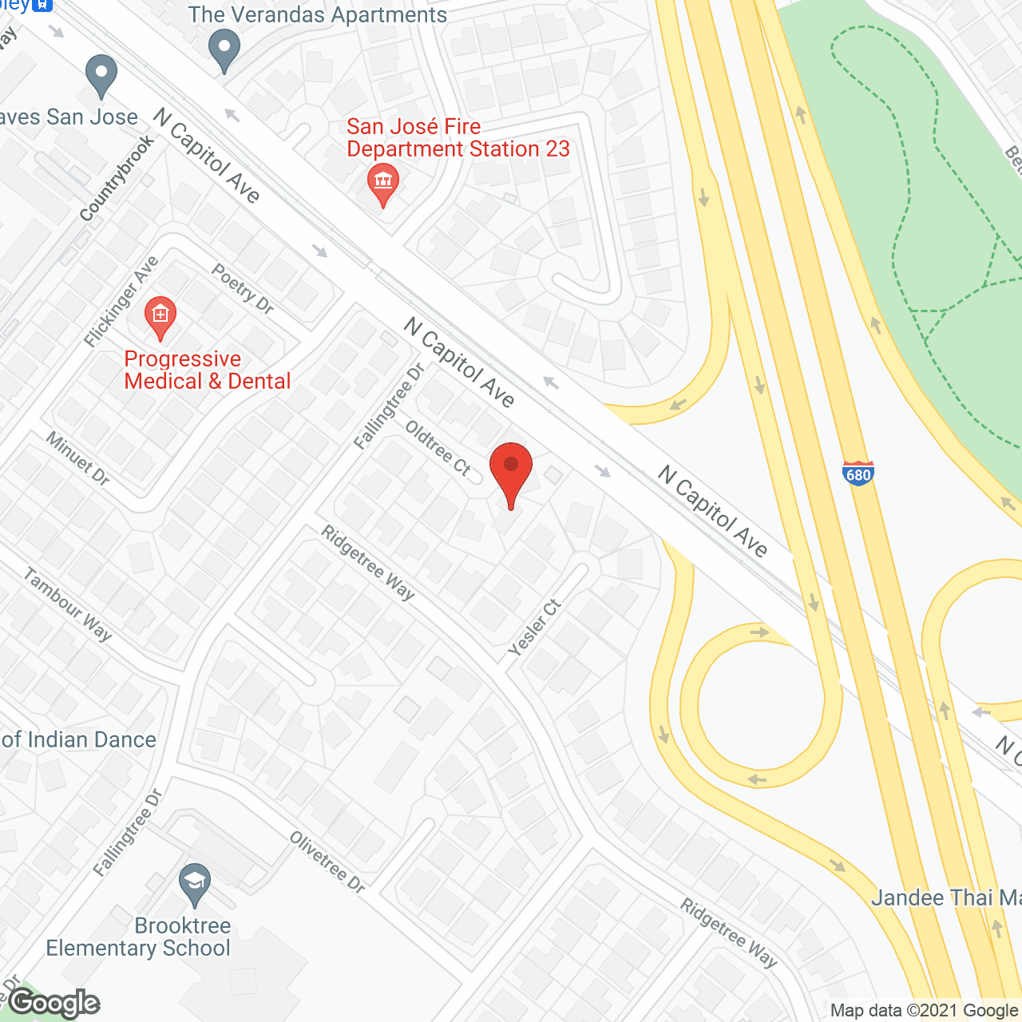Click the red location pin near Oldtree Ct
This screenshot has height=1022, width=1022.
pyautogui.click(x=510, y=468)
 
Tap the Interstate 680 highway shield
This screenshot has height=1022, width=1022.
pyautogui.click(x=858, y=473)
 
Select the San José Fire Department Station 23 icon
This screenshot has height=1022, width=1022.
pyautogui.click(x=383, y=183)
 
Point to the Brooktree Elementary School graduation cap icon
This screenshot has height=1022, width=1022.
pyautogui.click(x=195, y=884)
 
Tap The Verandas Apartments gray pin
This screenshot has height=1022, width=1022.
pyautogui.click(x=224, y=50)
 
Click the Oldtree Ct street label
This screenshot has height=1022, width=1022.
pyautogui.click(x=438, y=448)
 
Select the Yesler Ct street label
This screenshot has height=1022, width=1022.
pyautogui.click(x=535, y=628)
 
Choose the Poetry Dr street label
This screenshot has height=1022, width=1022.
pyautogui.click(x=243, y=288)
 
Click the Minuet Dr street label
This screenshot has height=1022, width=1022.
pyautogui.click(x=77, y=458)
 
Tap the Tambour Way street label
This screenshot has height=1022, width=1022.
pyautogui.click(x=68, y=604)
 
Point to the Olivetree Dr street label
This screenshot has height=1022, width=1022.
pyautogui.click(x=327, y=862)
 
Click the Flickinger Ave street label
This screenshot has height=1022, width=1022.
pyautogui.click(x=122, y=301)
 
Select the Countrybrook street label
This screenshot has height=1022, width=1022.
pyautogui.click(x=117, y=178)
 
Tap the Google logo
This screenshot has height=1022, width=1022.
pyautogui.click(x=54, y=1003)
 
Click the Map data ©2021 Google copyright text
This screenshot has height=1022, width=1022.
pyautogui.click(x=924, y=1011)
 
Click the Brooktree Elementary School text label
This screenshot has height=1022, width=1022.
pyautogui.click(x=138, y=937)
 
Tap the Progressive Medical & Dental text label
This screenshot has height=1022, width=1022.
pyautogui.click(x=208, y=370)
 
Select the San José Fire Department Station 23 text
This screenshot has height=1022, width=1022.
pyautogui.click(x=458, y=138)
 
